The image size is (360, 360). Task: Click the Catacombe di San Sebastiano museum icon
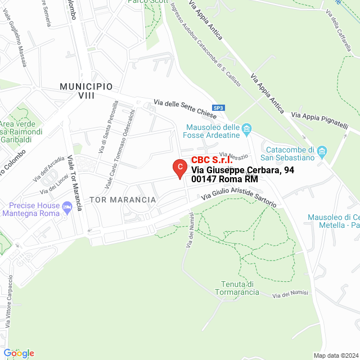[x=322, y=151]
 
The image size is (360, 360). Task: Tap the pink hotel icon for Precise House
[x=67, y=208]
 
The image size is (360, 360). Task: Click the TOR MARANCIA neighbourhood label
[x=121, y=200]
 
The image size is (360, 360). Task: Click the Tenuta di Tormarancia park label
[x=237, y=288]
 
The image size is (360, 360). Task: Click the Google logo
[x=19, y=353]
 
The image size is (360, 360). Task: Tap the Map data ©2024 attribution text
[x=335, y=355]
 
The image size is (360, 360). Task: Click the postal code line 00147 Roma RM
[x=224, y=179]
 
